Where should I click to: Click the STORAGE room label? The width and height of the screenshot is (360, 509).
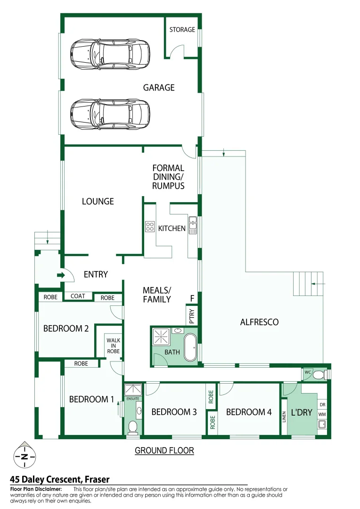(x=182, y=30)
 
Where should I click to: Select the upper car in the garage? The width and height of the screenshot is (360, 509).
(x=109, y=53)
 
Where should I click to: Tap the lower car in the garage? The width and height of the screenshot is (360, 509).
(x=109, y=114)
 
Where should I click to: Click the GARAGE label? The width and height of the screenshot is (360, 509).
(x=159, y=88)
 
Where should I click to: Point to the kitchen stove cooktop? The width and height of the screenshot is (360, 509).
(x=150, y=226)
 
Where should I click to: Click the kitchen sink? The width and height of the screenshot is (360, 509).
(x=193, y=225)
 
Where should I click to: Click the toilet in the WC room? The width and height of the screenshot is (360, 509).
(x=320, y=374)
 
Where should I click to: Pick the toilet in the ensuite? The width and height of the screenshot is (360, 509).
(x=133, y=427)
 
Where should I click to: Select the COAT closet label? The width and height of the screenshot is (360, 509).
(x=78, y=296)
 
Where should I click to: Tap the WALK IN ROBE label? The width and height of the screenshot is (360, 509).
(x=113, y=345)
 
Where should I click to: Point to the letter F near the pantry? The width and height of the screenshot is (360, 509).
(x=192, y=298)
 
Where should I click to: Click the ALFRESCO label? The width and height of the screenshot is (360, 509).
(x=259, y=322)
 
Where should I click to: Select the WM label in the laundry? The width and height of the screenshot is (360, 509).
(x=322, y=414)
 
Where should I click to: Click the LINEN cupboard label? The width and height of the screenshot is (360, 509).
(x=284, y=417)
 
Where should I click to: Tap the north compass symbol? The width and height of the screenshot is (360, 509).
(x=23, y=456)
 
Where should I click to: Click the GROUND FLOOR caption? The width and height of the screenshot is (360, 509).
(x=164, y=451)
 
